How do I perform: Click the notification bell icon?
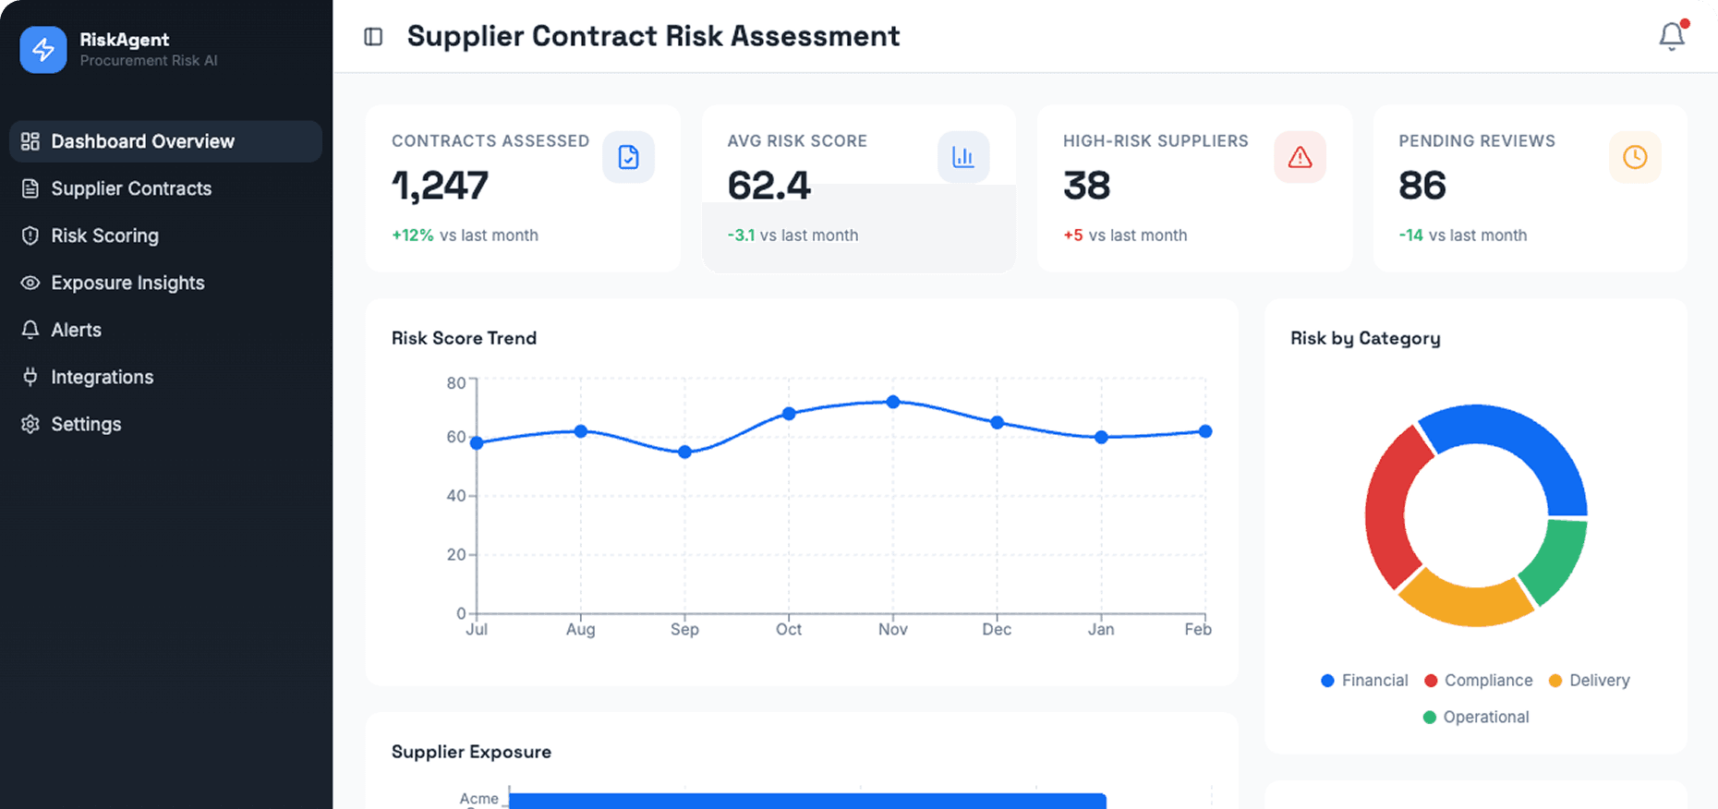pos(1671,36)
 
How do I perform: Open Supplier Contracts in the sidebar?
pos(131,188)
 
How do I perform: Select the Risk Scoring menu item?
pos(104,235)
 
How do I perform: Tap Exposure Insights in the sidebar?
pos(127,283)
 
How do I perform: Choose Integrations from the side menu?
pos(102,377)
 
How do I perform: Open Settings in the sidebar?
pos(86,424)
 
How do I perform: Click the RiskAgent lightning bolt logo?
pos(43,50)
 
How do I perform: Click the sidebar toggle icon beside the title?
pos(373,37)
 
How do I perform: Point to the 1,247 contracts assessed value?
pos(440,186)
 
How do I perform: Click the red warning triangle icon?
pos(1300,157)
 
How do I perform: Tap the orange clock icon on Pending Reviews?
pos(1634,157)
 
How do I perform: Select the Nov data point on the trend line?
pos(892,402)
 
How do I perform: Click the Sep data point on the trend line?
pos(684,452)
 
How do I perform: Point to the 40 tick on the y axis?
pos(456,496)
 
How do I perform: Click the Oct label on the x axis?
pos(789,629)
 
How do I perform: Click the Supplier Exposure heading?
pos(471,752)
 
